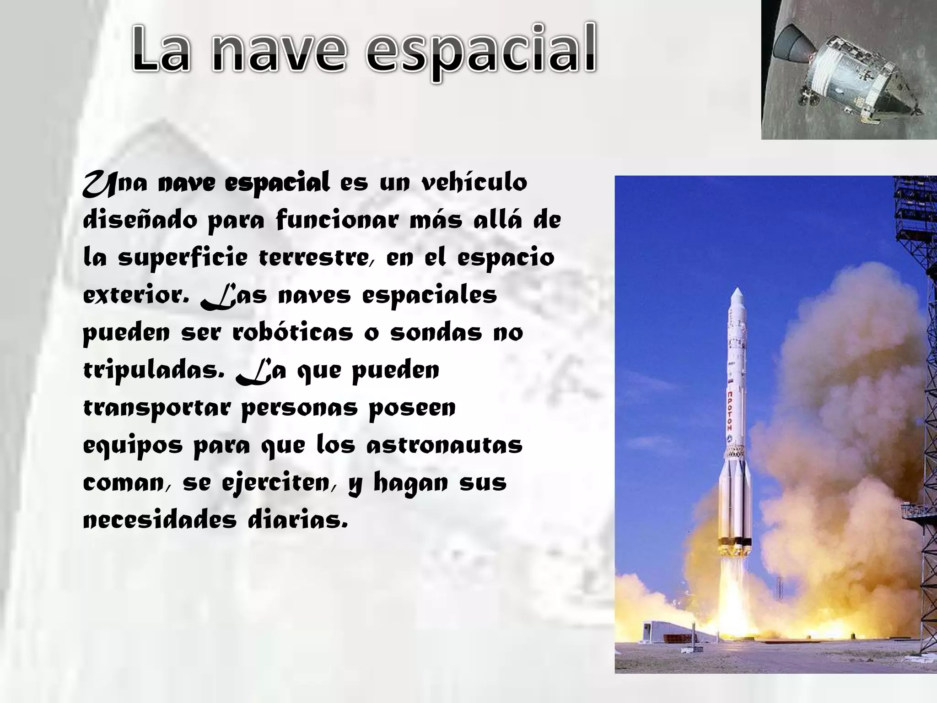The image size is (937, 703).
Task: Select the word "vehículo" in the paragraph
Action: (x=474, y=183)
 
